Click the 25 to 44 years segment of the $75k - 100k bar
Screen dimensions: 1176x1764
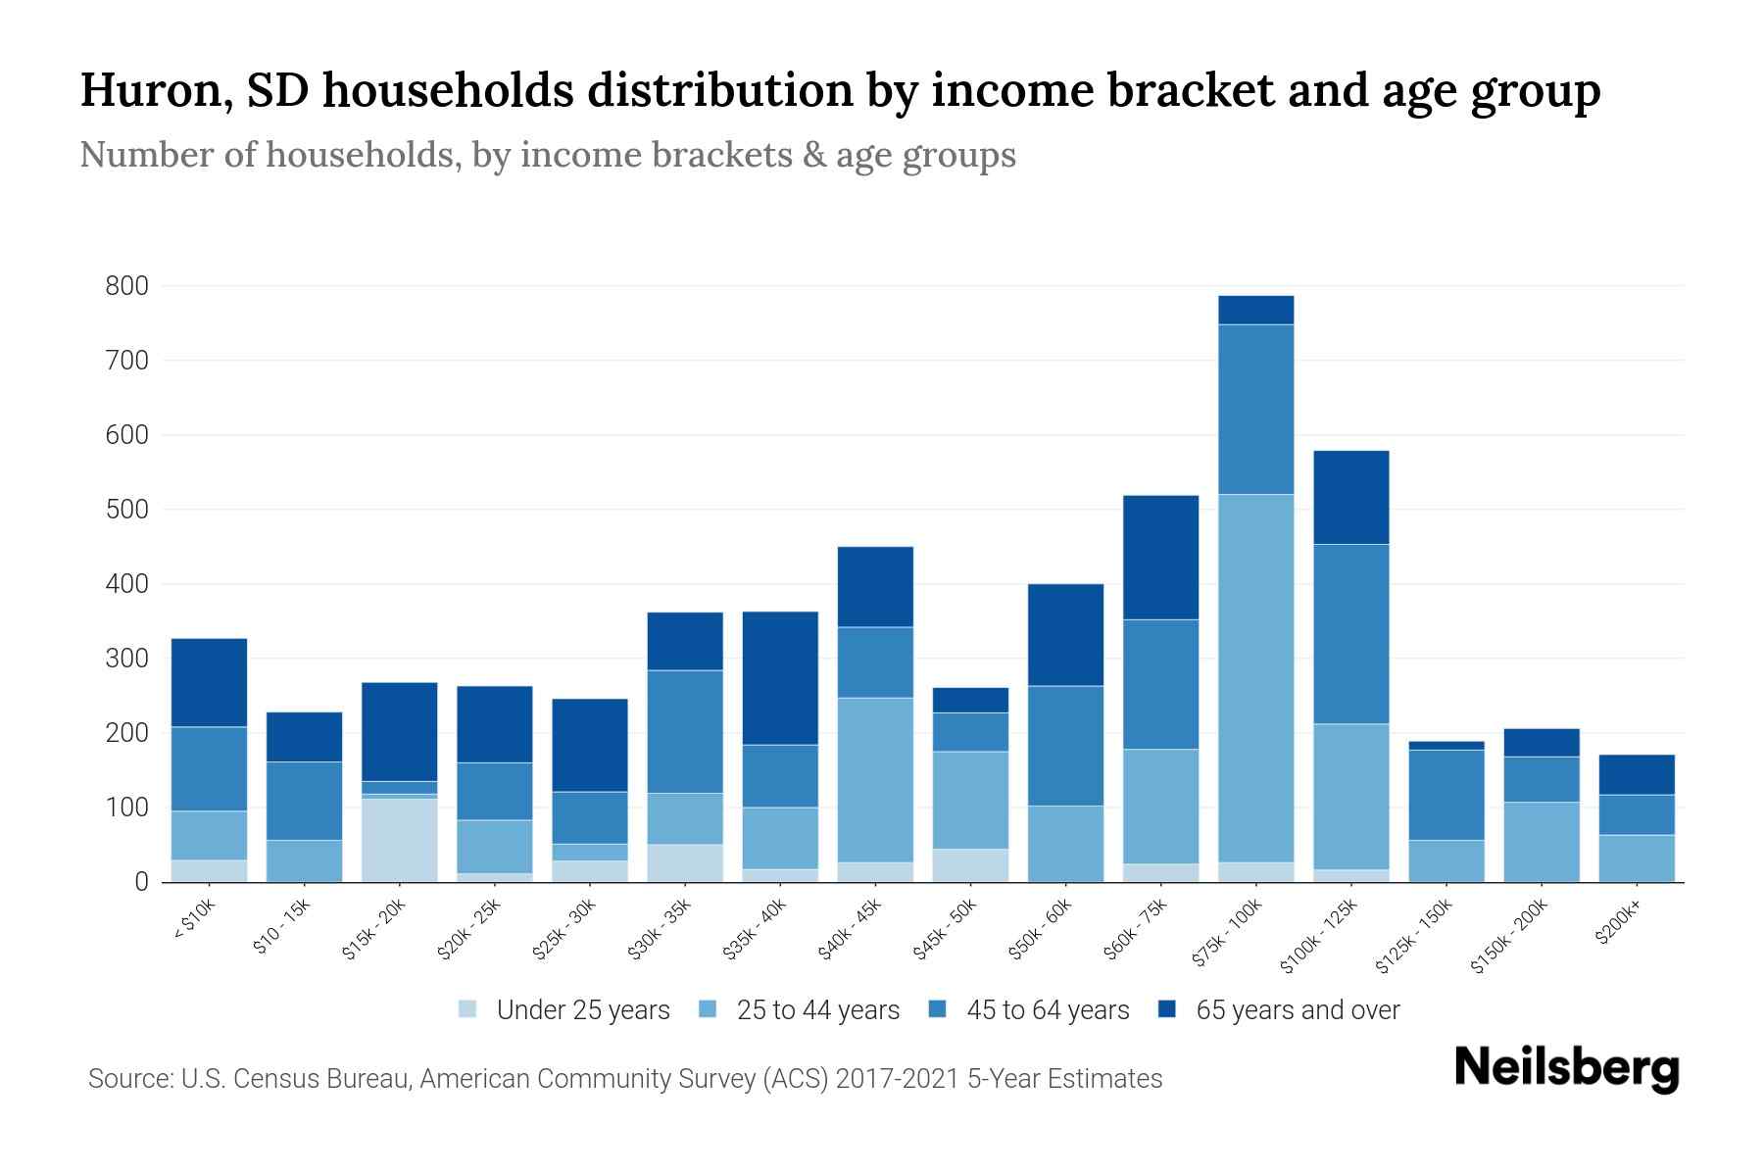pyautogui.click(x=1255, y=678)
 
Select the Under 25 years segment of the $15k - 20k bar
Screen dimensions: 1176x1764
pyautogui.click(x=399, y=840)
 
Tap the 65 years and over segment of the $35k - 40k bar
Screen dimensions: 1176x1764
pyautogui.click(x=780, y=678)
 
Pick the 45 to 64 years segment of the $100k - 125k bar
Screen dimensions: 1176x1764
pyautogui.click(x=1350, y=634)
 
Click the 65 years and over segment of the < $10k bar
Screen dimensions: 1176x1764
pyautogui.click(x=209, y=682)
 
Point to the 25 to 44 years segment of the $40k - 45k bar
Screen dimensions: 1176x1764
pyautogui.click(x=875, y=780)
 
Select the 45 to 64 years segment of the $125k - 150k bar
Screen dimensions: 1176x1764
pyautogui.click(x=1445, y=795)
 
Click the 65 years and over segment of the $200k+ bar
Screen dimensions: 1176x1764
pyautogui.click(x=1637, y=774)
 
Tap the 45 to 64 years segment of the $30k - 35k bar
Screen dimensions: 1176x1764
pyautogui.click(x=685, y=732)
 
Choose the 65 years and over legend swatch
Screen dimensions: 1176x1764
pyautogui.click(x=1167, y=1009)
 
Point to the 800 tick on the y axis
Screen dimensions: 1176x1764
pyautogui.click(x=127, y=286)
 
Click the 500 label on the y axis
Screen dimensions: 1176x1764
pyautogui.click(x=127, y=510)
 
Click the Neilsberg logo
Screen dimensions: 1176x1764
pyautogui.click(x=1566, y=1068)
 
